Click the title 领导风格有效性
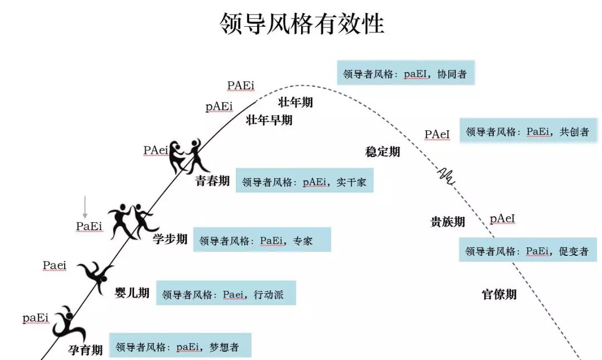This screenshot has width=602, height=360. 302,24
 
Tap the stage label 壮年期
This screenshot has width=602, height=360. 295,102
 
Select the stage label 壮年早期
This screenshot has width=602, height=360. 269,120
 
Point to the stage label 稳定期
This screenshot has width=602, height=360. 382,152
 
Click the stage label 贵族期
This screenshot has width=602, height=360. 448,222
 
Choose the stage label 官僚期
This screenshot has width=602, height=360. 499,294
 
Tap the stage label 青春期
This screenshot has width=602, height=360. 212,181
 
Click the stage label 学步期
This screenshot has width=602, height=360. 170,240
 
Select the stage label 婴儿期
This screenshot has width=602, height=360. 132,293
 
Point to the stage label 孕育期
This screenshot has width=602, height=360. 85,350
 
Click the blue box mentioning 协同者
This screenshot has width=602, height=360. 405,73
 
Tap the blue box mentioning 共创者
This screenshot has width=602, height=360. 528,132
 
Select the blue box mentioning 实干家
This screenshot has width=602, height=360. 304,181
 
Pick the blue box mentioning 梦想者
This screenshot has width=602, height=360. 180,346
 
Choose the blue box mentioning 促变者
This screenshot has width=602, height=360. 527,251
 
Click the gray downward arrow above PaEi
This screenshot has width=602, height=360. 85,207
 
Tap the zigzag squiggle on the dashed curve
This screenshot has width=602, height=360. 446,175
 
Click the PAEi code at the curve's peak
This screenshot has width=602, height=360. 241,85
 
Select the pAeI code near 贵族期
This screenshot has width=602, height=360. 502,219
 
